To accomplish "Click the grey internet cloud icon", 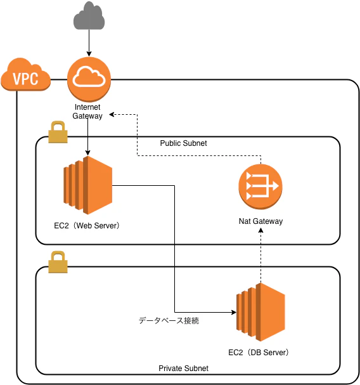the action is click(x=89, y=15).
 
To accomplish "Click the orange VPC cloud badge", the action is click(x=26, y=75).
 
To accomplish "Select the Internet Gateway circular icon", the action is click(x=89, y=79).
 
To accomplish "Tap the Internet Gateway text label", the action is click(x=87, y=112).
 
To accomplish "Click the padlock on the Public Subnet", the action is click(x=58, y=132).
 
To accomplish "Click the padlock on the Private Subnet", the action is click(x=58, y=262).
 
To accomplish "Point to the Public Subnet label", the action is click(x=183, y=143).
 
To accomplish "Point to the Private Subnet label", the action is click(x=183, y=369).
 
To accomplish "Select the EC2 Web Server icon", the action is click(x=88, y=185).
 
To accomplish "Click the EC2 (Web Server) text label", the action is click(x=87, y=226).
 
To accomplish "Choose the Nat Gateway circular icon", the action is click(x=260, y=186).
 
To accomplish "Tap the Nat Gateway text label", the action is click(x=260, y=221).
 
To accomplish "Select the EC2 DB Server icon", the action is click(x=260, y=312).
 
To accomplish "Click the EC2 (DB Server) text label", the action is click(x=259, y=353).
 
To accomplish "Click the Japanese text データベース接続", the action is click(x=169, y=321).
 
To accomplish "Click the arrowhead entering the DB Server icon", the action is click(x=234, y=312).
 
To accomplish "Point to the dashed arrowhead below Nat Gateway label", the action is click(x=261, y=230).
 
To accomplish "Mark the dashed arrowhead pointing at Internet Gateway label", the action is click(x=112, y=114).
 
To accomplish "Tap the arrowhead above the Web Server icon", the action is click(x=87, y=153).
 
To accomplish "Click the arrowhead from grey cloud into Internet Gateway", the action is click(x=89, y=54).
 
